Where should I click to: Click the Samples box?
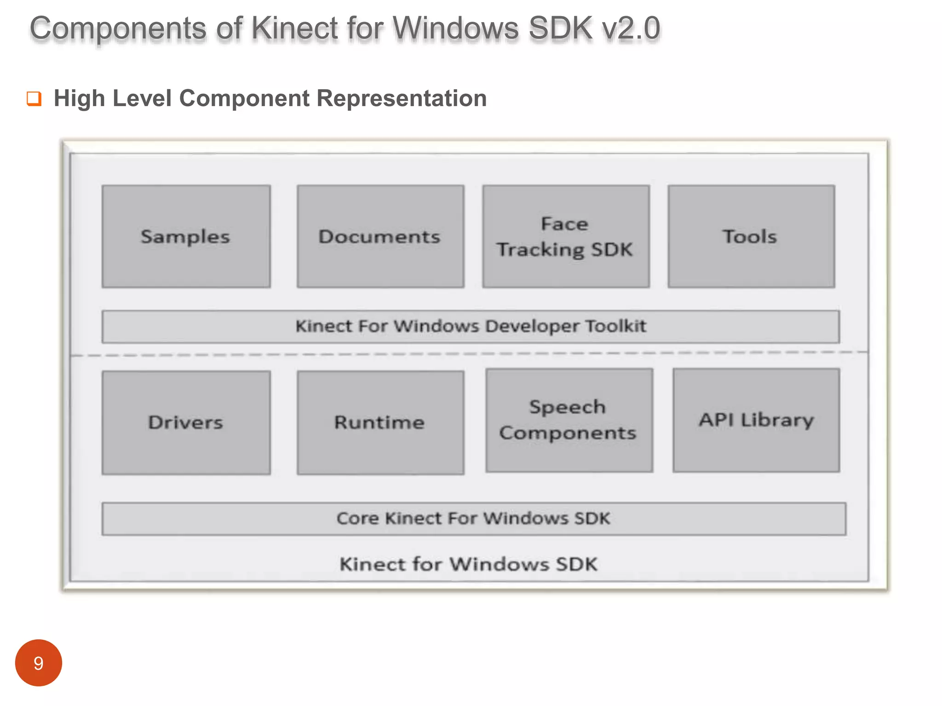(x=186, y=236)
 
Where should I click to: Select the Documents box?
(x=380, y=236)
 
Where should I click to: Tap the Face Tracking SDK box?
(x=566, y=236)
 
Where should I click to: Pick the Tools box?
(x=751, y=236)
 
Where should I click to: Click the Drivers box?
(x=186, y=422)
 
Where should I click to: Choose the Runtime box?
(x=380, y=422)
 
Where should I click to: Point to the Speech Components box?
(x=569, y=420)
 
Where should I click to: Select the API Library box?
(x=756, y=420)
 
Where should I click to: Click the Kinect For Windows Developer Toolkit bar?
(x=471, y=326)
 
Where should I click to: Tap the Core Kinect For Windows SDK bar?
(x=474, y=518)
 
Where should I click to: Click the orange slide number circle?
(x=39, y=663)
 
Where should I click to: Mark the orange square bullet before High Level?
(x=34, y=98)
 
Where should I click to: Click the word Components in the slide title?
(x=118, y=28)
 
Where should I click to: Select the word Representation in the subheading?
(x=402, y=98)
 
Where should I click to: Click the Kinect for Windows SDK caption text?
(x=468, y=564)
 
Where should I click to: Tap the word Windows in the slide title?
(x=456, y=28)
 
